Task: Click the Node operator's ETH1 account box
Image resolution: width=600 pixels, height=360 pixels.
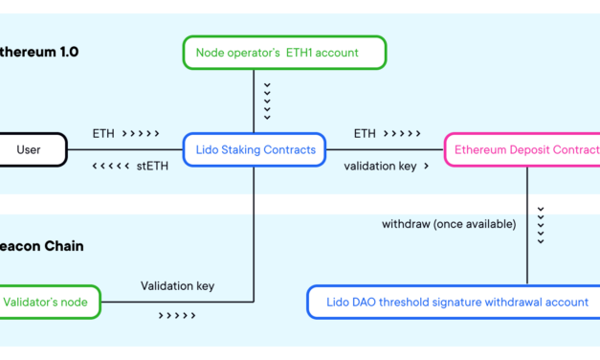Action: [284, 53]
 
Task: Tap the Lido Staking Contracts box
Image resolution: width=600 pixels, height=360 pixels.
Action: [254, 149]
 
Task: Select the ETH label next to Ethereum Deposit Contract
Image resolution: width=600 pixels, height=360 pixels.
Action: [365, 134]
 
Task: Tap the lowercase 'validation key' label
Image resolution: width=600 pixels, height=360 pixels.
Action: [380, 165]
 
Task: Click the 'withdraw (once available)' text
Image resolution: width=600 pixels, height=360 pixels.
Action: [449, 224]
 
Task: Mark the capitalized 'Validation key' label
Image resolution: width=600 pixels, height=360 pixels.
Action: [177, 285]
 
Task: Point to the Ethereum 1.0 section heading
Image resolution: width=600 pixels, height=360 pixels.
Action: [39, 52]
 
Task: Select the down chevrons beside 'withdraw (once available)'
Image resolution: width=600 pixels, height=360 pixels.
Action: [541, 224]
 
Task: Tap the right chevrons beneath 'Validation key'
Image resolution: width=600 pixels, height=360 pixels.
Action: [177, 315]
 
